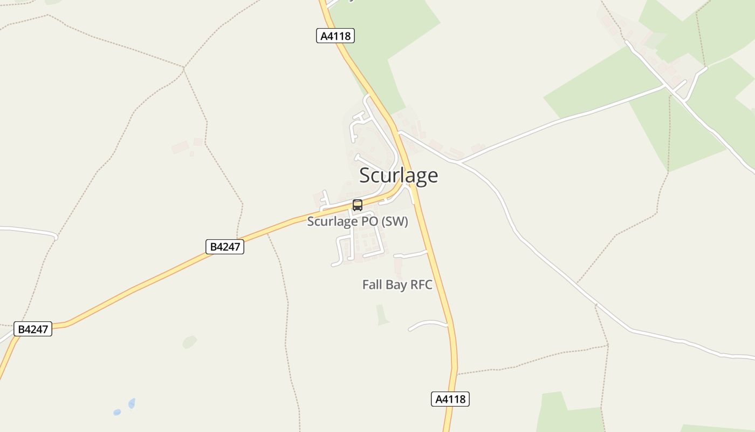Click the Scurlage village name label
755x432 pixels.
point(399,175)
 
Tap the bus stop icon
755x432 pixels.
point(357,205)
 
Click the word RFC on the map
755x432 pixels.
point(421,285)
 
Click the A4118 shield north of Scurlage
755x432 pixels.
point(335,36)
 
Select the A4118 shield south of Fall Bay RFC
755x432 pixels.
point(450,399)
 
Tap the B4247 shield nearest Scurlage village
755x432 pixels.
point(225,247)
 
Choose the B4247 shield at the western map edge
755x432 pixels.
point(33,329)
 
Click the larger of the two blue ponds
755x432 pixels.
point(132,403)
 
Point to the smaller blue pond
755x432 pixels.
point(117,412)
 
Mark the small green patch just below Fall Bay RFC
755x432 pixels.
point(382,315)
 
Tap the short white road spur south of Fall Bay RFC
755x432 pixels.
point(428,324)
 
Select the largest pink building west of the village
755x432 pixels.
point(180,147)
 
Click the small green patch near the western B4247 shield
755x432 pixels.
point(189,342)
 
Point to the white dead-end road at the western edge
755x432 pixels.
point(32,231)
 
